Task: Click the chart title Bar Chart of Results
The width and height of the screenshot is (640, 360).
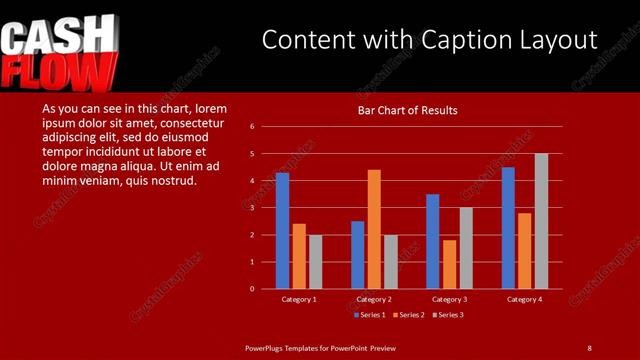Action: (x=408, y=110)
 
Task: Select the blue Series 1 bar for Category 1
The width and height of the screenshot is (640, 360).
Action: (x=282, y=231)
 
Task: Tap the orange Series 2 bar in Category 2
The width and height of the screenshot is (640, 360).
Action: (x=374, y=229)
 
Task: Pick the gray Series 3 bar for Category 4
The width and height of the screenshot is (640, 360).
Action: (x=541, y=221)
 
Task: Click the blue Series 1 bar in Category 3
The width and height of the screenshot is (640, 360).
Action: (x=432, y=241)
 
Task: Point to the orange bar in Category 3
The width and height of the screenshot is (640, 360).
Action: (x=449, y=264)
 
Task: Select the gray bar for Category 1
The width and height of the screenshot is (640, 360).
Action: (x=315, y=262)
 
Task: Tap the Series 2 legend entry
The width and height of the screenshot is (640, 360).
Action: (x=409, y=315)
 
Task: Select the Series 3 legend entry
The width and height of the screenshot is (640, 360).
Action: (x=450, y=315)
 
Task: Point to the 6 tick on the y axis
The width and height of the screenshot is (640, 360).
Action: (x=253, y=127)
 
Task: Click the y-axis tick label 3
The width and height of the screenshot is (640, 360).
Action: (x=253, y=208)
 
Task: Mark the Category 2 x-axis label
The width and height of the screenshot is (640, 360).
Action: (x=373, y=299)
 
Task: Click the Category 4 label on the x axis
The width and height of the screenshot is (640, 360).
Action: (x=524, y=299)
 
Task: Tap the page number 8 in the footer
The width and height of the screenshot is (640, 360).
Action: (x=590, y=347)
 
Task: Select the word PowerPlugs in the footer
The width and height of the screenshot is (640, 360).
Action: (x=265, y=347)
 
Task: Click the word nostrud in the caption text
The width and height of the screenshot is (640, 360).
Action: (x=174, y=181)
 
